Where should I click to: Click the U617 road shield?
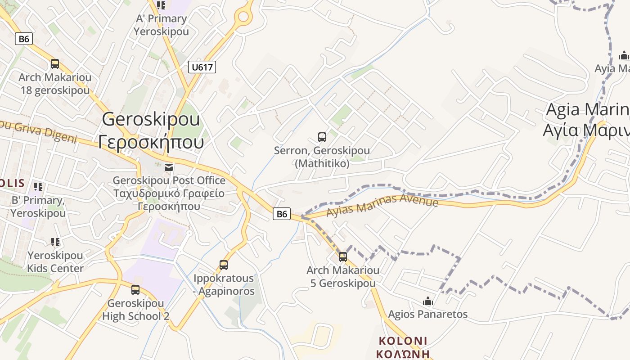click(x=202, y=67)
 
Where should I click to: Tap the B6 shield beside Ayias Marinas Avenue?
click(x=282, y=214)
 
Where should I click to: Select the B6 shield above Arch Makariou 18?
click(x=24, y=39)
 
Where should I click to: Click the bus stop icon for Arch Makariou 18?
click(x=55, y=64)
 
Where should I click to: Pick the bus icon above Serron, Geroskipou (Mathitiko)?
click(x=322, y=137)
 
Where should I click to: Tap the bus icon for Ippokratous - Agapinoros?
click(x=224, y=265)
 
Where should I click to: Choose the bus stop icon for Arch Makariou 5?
click(x=343, y=257)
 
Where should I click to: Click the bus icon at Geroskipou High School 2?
click(x=135, y=290)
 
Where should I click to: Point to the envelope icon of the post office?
click(x=169, y=167)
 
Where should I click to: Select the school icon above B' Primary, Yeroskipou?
click(x=38, y=186)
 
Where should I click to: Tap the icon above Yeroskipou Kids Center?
click(x=55, y=242)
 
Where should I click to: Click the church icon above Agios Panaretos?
click(x=428, y=301)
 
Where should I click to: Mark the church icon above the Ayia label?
click(x=624, y=55)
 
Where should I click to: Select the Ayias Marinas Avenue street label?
click(x=382, y=205)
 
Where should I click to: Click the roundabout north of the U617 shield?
click(x=243, y=17)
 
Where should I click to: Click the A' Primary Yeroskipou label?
click(x=161, y=25)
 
